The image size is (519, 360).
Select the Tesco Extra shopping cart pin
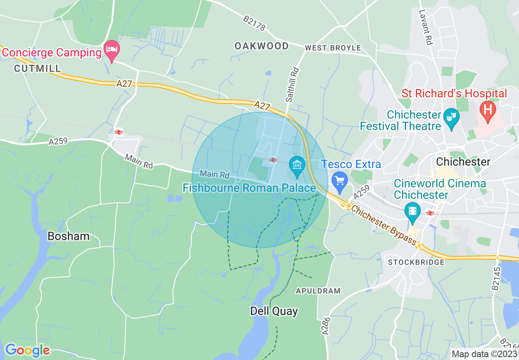pos(339,180)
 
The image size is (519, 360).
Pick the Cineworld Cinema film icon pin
pos(412,211)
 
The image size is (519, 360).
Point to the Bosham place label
pos(68,236)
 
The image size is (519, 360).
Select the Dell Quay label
pos(274,311)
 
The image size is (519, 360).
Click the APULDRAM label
pos(318,291)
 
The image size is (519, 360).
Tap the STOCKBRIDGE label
pos(416,262)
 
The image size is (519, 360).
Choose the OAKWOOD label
pos(262,46)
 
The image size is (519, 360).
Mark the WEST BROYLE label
pos(333,48)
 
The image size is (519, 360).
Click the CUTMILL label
pos(37,68)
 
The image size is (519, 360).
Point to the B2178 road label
pos(254,23)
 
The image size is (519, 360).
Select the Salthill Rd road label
pos(293,85)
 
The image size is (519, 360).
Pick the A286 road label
pos(326,326)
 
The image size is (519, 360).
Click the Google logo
pos(27,350)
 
